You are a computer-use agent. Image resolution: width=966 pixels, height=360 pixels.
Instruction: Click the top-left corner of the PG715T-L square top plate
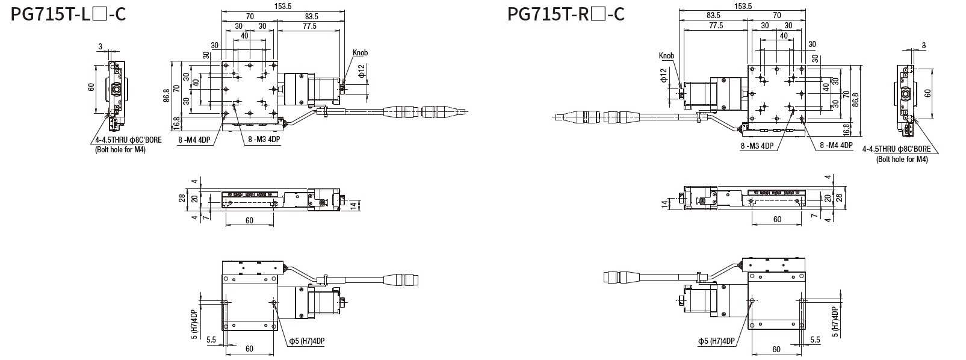tap(222, 61)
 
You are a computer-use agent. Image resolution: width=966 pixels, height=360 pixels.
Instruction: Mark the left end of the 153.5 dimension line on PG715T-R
tap(680, 10)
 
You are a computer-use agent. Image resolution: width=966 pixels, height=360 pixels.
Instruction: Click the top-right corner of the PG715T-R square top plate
tap(805, 66)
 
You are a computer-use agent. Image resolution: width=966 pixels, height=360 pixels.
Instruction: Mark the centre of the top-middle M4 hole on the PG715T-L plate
tap(250, 66)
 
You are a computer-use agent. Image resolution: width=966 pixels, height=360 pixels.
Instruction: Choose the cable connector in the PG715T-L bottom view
tap(401, 279)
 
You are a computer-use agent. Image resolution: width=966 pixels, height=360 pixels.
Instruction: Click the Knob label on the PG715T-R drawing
tap(666, 55)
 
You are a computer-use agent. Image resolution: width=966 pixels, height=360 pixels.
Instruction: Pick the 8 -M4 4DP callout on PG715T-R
tap(836, 145)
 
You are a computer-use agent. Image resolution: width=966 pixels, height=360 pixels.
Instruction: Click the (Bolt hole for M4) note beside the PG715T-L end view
tap(120, 151)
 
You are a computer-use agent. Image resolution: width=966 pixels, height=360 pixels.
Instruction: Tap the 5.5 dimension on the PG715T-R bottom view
tap(815, 340)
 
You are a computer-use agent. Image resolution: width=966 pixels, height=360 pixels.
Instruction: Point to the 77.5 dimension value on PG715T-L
tap(309, 26)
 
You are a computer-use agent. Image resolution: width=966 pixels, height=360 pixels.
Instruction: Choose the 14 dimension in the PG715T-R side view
tap(664, 203)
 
